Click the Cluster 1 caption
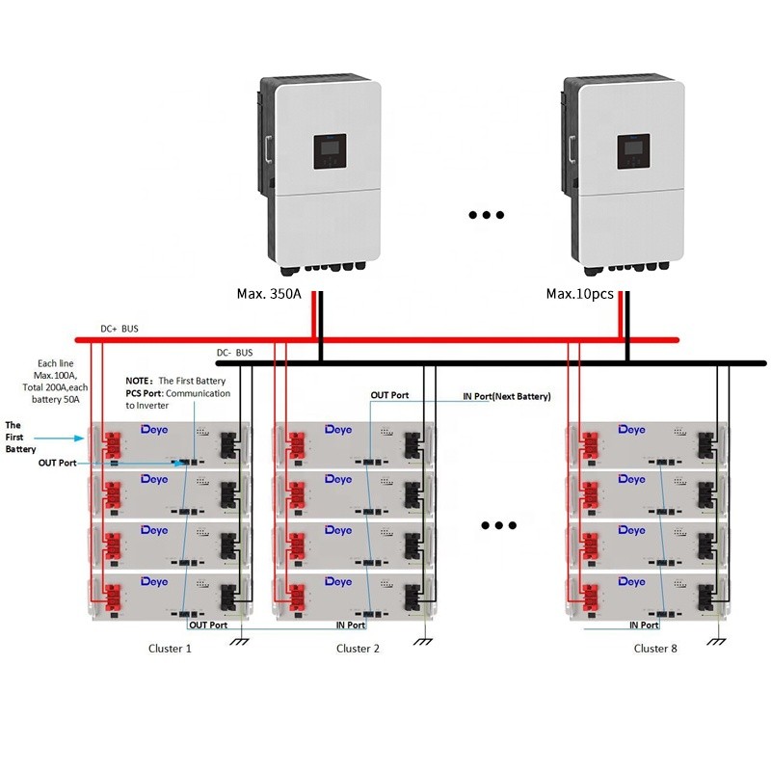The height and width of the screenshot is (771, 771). tap(170, 649)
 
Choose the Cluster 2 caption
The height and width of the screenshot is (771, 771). tap(358, 649)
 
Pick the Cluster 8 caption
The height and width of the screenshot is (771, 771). tap(655, 649)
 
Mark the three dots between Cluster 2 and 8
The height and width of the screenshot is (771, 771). tap(499, 525)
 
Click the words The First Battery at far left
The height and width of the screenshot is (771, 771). tap(20, 437)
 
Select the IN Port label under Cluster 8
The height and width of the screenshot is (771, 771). tap(644, 625)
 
